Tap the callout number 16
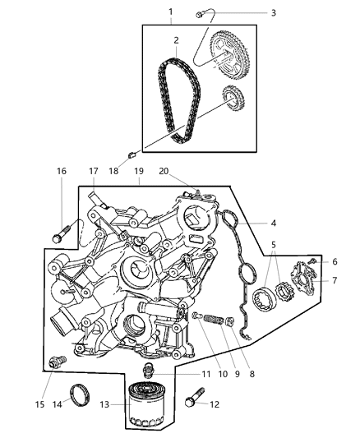point(62,171)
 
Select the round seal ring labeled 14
point(80,393)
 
